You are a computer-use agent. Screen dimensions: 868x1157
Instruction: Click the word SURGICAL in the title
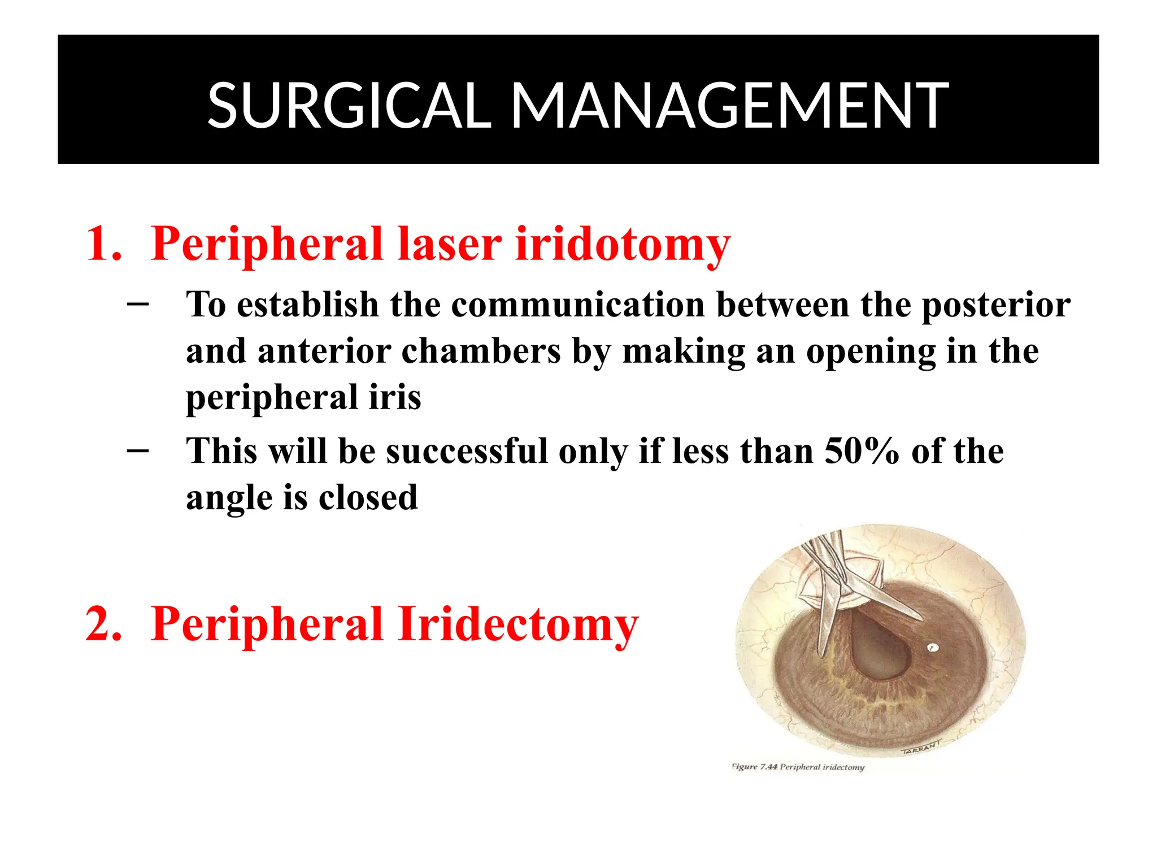tap(349, 106)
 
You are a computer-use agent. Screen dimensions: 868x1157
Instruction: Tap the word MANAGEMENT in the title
tap(730, 106)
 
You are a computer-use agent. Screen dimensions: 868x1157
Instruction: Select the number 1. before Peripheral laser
tap(104, 244)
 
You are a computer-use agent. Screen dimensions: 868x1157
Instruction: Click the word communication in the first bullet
tap(578, 305)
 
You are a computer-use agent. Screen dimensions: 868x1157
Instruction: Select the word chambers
tap(481, 351)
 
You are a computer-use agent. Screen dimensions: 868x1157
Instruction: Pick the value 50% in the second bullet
tap(861, 452)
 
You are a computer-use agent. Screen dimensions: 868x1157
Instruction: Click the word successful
tap(467, 452)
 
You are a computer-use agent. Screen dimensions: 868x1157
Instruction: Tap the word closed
tap(368, 498)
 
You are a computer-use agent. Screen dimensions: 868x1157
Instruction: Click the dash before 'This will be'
tap(138, 450)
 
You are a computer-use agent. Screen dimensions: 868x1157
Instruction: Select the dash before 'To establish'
tap(138, 305)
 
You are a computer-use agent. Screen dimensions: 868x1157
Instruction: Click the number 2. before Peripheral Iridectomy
tap(104, 624)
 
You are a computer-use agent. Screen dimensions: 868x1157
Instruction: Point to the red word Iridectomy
tap(518, 624)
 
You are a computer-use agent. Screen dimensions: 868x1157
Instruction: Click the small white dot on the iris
tap(933, 648)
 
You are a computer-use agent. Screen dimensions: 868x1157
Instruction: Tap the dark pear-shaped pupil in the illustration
tap(879, 650)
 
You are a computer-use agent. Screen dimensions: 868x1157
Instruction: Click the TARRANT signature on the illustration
tap(921, 747)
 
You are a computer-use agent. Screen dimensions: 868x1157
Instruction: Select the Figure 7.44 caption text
tap(798, 767)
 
